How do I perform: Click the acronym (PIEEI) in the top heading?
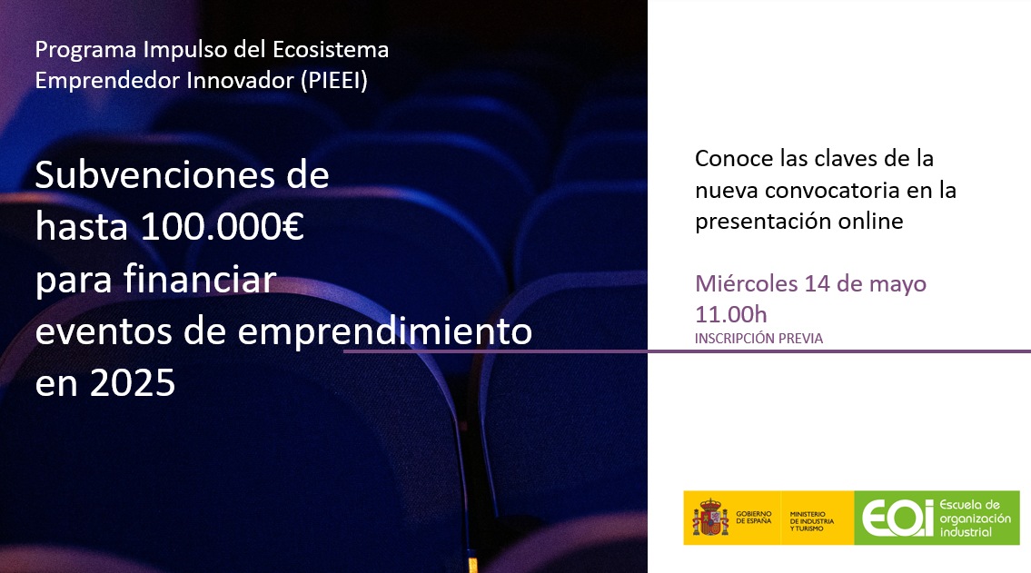click(333, 80)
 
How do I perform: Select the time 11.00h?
click(731, 314)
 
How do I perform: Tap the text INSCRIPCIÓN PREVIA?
click(758, 339)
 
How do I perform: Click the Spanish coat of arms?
click(710, 518)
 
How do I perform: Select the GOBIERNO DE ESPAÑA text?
click(754, 518)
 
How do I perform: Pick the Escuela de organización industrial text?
click(975, 518)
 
